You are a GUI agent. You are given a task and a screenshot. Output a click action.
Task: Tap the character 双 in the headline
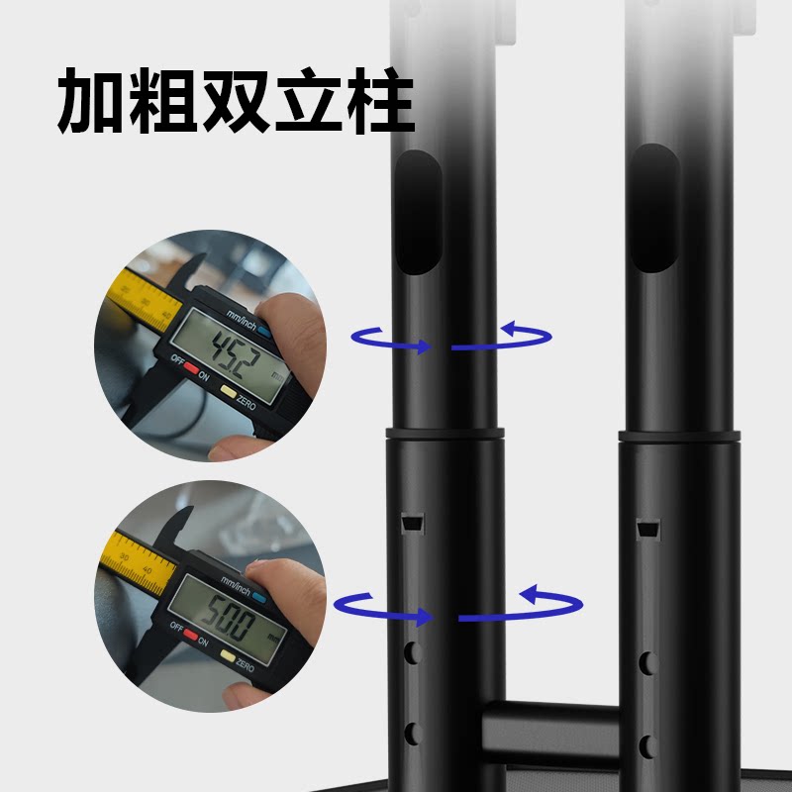[x=235, y=102]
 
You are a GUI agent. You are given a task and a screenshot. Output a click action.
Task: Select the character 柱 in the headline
[x=376, y=102]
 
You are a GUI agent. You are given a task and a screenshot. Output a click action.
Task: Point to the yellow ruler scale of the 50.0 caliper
[x=135, y=563]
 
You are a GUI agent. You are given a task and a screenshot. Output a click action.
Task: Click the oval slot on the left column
[x=417, y=212]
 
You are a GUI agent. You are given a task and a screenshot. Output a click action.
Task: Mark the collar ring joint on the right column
[x=680, y=436]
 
